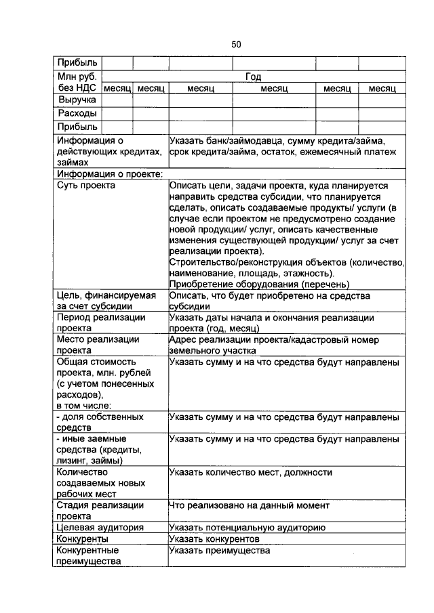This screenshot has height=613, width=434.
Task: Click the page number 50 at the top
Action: pyautogui.click(x=236, y=44)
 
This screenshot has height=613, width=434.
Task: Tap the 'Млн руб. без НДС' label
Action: pyautogui.click(x=77, y=83)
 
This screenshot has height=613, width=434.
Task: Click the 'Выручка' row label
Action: pyautogui.click(x=77, y=100)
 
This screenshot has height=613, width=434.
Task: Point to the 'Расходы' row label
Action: pyautogui.click(x=77, y=114)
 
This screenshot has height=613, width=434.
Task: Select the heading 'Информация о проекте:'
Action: pyautogui.click(x=110, y=174)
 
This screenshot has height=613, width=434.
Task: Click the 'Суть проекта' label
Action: pyautogui.click(x=86, y=185)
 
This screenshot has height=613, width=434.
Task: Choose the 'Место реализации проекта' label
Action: pyautogui.click(x=98, y=345)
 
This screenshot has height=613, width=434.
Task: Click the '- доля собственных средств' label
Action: pyautogui.click(x=100, y=423)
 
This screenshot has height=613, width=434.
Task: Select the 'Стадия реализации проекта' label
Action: pyautogui.click(x=100, y=511)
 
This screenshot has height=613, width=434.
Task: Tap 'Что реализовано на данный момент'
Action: pyautogui.click(x=249, y=505)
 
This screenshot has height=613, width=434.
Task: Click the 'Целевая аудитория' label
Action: pyautogui.click(x=100, y=528)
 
